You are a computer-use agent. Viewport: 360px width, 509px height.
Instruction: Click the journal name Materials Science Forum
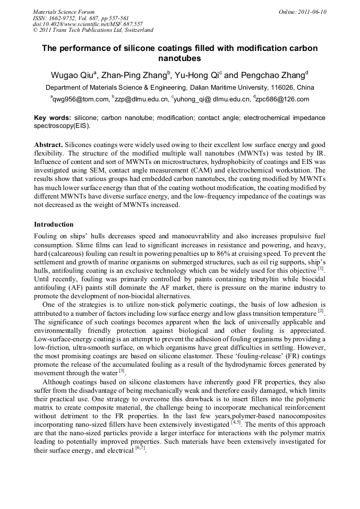(x=63, y=12)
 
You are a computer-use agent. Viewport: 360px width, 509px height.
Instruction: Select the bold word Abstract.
(x=49, y=144)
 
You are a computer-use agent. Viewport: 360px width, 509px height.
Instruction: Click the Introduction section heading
(x=54, y=225)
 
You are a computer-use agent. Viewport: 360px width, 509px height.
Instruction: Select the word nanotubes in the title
(x=180, y=58)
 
